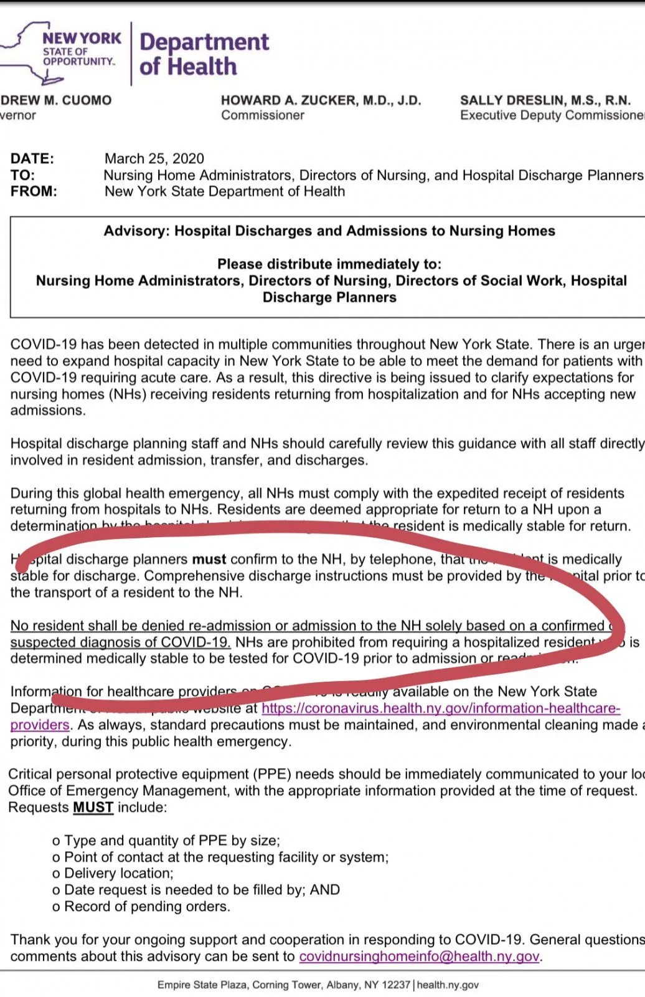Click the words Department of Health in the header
[204, 54]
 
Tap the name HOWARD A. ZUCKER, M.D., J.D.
[321, 100]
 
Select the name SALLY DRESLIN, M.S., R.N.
[545, 100]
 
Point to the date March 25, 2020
[154, 158]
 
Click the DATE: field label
[32, 158]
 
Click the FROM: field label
[34, 191]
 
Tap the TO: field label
[22, 175]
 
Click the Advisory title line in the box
[329, 231]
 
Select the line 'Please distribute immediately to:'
[329, 264]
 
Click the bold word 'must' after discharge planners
[209, 560]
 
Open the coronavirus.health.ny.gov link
[440, 708]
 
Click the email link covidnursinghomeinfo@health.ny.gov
[419, 956]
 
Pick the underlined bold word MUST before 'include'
[93, 808]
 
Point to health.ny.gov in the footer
[448, 985]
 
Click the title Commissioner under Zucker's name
[263, 115]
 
